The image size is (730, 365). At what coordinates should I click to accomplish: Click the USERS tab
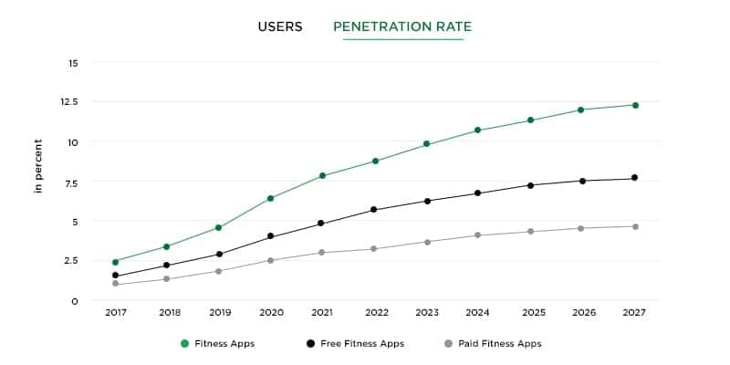tap(280, 26)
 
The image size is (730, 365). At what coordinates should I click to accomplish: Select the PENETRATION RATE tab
tap(402, 26)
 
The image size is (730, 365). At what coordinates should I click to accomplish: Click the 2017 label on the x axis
tap(115, 312)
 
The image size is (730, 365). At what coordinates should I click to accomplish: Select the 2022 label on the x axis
tap(376, 312)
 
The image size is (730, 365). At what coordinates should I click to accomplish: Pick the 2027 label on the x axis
tap(635, 312)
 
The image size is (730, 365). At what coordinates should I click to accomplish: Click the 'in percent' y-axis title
tap(38, 165)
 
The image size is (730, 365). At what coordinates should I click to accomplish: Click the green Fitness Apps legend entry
tap(217, 344)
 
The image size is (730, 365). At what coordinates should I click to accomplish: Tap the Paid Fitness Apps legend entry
tap(493, 344)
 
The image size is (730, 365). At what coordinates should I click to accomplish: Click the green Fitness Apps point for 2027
tap(635, 105)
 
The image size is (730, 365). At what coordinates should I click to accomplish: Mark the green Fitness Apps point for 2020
tap(271, 198)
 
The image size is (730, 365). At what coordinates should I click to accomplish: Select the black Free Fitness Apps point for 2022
tap(376, 210)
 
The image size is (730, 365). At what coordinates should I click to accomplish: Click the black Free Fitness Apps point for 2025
tap(530, 185)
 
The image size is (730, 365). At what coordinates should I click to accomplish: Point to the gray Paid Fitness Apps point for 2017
tap(115, 284)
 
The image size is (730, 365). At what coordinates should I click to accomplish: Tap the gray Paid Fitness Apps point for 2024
tap(478, 235)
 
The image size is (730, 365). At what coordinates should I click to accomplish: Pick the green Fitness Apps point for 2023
tap(426, 144)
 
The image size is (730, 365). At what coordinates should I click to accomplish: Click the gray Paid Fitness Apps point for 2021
tap(321, 252)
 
